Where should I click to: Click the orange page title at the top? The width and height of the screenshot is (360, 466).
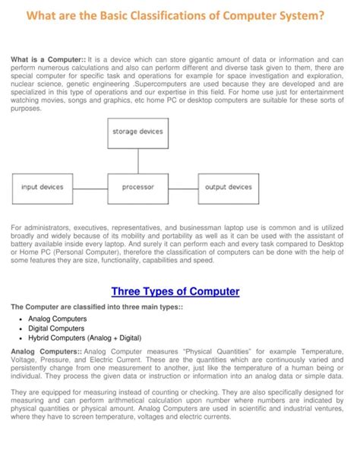pos(180,16)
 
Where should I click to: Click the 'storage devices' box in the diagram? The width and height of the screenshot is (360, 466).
pos(137,132)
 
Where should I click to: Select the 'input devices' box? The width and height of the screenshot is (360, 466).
pos(43,186)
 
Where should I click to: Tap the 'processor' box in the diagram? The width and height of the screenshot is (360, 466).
pos(137,186)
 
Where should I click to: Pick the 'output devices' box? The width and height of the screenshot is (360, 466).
pos(229,186)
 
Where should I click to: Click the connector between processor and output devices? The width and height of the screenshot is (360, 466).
pos(183,187)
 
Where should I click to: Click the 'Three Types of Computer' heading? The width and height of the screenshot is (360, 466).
pos(175,291)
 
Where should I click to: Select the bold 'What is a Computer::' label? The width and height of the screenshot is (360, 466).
pos(48,58)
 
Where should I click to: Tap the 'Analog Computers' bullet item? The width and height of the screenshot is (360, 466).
pos(58,319)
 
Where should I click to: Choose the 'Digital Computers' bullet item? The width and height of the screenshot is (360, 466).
pos(57,328)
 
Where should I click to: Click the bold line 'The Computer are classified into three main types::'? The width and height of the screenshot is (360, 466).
pos(96,306)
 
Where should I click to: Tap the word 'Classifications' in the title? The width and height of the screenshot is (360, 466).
pos(153,16)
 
